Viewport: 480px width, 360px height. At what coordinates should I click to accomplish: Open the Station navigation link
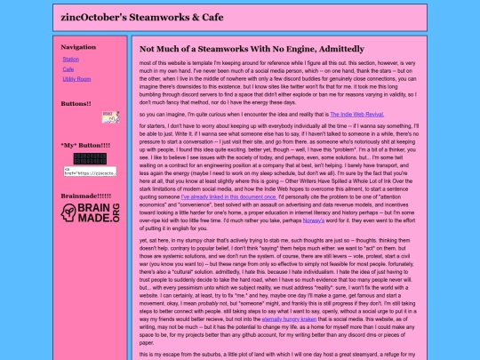pos(71,59)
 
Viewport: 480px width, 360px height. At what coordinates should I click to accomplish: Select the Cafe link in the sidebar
pos(68,68)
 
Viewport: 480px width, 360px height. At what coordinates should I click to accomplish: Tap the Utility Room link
pos(76,78)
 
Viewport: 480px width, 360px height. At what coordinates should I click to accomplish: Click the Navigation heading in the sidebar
pos(78,46)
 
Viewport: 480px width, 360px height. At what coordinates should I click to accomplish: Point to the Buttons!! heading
pos(76,103)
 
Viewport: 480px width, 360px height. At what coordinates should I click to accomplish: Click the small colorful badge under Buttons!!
pos(110,116)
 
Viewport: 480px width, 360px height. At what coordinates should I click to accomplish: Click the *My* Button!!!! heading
pos(84,144)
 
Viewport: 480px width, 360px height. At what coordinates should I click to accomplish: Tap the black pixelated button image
pos(89,157)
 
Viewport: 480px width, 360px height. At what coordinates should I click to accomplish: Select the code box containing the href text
pos(89,170)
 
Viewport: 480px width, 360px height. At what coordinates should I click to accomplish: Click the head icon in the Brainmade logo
pos(70,212)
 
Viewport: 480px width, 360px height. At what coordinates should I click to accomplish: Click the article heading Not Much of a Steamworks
pos(251,48)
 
